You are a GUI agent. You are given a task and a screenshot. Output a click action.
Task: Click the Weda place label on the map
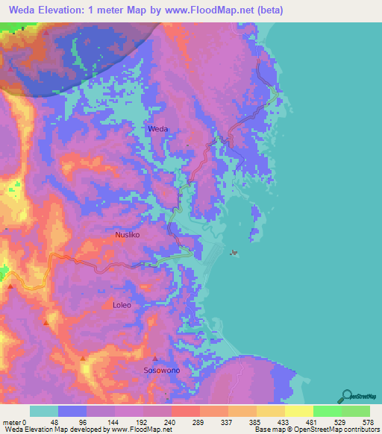tap(158, 129)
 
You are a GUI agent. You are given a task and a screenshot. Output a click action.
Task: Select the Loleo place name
tap(122, 305)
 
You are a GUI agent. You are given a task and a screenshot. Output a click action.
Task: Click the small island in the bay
tap(236, 253)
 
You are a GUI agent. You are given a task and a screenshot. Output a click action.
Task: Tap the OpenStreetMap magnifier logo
tap(346, 395)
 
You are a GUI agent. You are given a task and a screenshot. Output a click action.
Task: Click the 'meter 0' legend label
tap(16, 421)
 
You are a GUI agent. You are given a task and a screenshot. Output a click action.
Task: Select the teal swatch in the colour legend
tap(44, 411)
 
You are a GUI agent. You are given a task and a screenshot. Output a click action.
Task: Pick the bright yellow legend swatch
tap(299, 411)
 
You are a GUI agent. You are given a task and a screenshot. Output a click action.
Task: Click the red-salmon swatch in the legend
tap(186, 411)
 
